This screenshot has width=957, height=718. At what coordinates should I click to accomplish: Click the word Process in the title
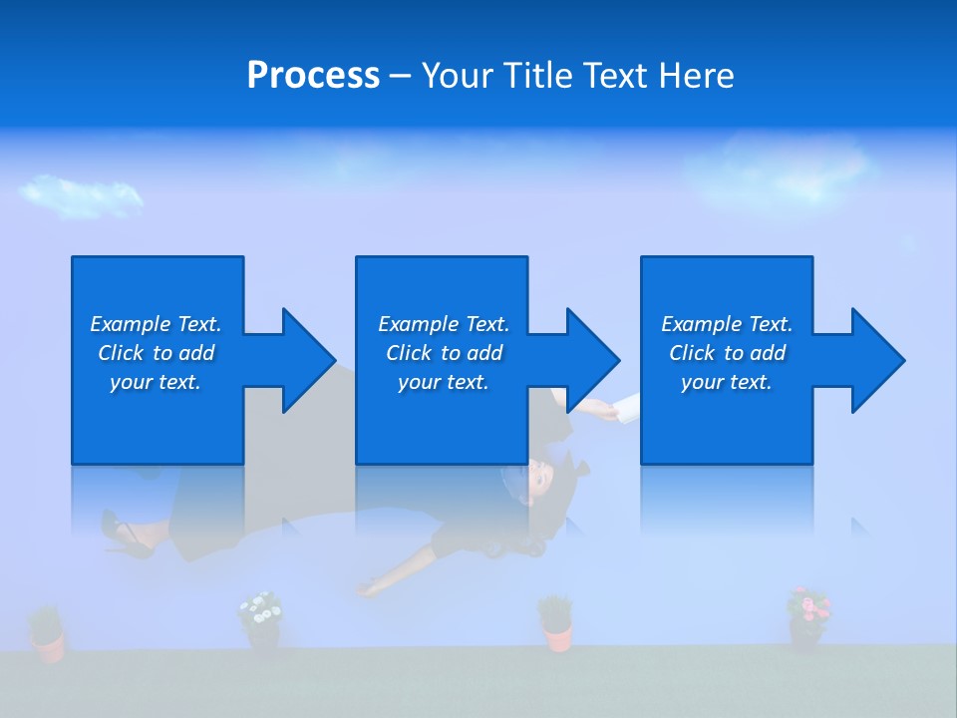(313, 76)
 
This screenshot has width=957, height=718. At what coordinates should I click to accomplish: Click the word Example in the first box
(131, 324)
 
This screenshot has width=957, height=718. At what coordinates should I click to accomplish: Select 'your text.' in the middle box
(443, 382)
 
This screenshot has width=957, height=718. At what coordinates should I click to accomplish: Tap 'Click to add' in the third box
(727, 353)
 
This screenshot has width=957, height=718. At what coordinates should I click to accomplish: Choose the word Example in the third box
(702, 324)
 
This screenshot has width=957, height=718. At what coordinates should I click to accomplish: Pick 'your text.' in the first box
(155, 382)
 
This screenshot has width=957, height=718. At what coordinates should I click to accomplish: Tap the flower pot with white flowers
(261, 622)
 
